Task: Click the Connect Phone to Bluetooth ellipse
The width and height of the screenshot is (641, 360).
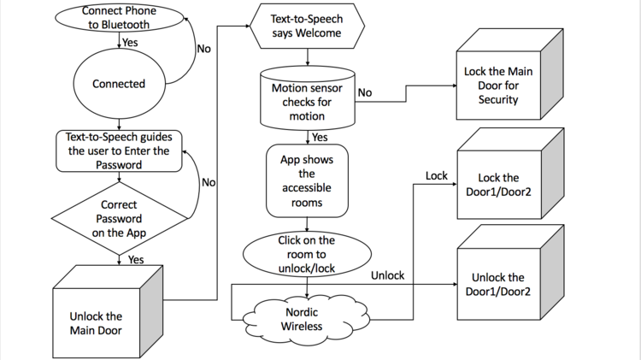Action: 120,18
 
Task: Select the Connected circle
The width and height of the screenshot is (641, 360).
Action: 120,84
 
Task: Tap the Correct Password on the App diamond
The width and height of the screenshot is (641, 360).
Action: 120,218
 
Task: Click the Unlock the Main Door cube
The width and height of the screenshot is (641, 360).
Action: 108,312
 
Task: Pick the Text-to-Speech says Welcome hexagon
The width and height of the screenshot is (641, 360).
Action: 307,26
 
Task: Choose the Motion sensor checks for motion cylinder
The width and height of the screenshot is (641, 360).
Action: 308,98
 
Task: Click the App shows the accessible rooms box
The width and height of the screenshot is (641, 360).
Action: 307,180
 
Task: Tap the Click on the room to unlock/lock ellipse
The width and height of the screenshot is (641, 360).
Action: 307,254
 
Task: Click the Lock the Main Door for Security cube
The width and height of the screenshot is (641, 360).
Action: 509,74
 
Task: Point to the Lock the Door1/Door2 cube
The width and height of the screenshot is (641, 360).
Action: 510,174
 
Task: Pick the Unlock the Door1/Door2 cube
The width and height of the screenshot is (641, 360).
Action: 510,273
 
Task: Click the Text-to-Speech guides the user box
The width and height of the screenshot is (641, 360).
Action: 119,151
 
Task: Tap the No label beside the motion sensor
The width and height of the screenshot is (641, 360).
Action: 365,93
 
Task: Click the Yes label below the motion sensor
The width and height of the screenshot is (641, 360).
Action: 320,137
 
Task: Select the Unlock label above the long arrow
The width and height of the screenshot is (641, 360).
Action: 387,275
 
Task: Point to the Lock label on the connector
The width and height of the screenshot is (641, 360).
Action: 437,176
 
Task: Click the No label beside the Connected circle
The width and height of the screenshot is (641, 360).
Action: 204,49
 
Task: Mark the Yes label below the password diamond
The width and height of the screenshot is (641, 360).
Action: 136,260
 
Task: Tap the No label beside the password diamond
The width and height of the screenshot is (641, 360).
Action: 209,182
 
